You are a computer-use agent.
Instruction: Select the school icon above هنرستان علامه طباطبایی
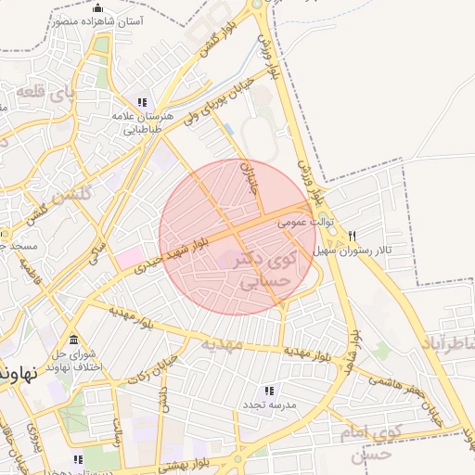142,102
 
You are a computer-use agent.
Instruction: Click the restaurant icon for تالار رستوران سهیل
352,236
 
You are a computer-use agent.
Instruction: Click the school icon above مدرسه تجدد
269,392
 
